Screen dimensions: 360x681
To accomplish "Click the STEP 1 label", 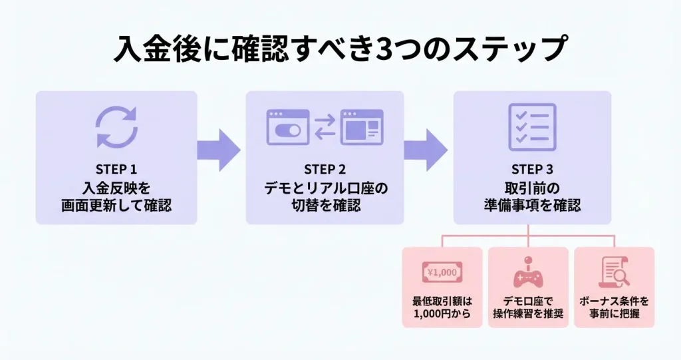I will [x=116, y=169].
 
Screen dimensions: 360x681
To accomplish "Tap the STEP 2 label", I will [x=325, y=169].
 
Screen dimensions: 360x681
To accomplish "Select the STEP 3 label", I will [x=532, y=169].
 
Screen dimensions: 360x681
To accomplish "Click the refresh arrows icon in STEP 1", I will [x=116, y=126].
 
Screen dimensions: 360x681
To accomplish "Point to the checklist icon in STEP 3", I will [x=532, y=126].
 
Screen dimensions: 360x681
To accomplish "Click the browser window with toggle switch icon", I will [x=287, y=127].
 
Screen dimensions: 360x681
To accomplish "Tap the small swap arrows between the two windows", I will [x=325, y=127].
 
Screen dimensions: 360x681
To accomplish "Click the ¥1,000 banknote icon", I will [x=442, y=272].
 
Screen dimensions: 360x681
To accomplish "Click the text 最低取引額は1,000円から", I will [x=442, y=307].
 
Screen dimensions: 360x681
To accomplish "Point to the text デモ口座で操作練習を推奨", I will [x=528, y=307].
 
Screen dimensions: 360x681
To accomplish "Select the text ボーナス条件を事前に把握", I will [x=614, y=307].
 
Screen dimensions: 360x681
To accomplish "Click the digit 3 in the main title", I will [x=386, y=50].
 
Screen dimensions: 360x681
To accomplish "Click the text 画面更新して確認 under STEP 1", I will [x=116, y=205].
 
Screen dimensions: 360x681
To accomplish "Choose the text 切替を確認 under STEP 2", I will [x=325, y=205].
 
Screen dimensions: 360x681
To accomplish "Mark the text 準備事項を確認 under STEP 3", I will [x=532, y=205].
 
